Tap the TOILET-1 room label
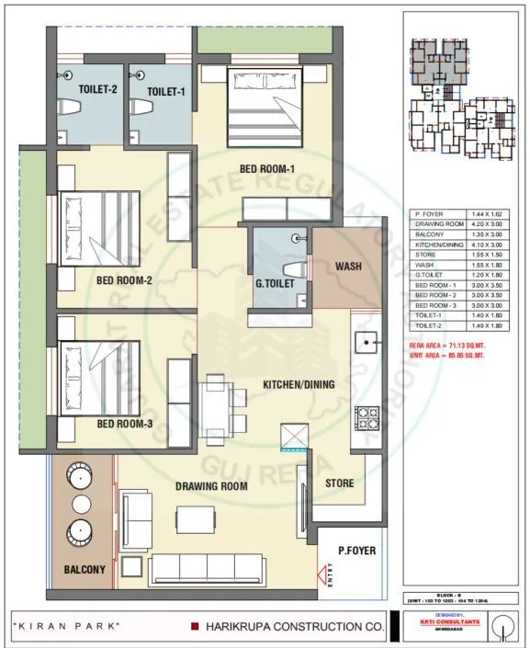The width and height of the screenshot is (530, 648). [167, 90]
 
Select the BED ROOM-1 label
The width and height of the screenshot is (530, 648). [265, 168]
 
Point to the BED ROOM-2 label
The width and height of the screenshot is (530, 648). [124, 281]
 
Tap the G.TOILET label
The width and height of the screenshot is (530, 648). [276, 285]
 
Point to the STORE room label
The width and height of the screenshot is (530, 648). [341, 483]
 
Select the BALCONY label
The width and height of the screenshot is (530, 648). [85, 570]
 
